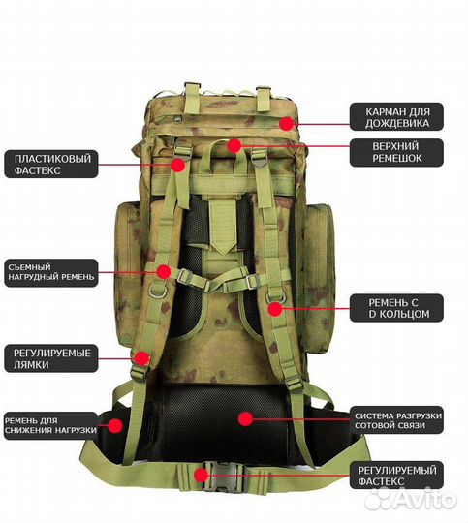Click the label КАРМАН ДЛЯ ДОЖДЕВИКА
(x=396, y=117)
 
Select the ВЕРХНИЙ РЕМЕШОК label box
(x=396, y=153)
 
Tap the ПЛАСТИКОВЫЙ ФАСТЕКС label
(x=51, y=164)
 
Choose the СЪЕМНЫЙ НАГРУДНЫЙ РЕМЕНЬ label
(x=51, y=272)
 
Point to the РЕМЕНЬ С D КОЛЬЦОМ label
(x=396, y=308)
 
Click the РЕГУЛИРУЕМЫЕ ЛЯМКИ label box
(x=51, y=358)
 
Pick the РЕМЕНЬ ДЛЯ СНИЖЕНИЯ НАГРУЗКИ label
(x=51, y=425)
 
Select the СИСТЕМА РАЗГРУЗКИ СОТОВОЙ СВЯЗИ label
(x=396, y=420)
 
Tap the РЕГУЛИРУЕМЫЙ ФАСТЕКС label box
(x=396, y=476)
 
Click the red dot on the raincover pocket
(x=287, y=124)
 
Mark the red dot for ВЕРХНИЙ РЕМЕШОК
(x=234, y=145)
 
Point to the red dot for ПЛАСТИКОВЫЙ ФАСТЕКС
(x=178, y=165)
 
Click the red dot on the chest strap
(x=164, y=272)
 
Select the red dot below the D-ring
(x=275, y=309)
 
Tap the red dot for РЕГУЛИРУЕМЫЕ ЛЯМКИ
(x=142, y=358)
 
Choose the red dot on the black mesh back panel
(x=246, y=418)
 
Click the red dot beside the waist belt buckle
(x=201, y=475)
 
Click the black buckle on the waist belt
(x=223, y=477)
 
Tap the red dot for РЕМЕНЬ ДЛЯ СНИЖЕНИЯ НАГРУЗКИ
(x=115, y=425)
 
